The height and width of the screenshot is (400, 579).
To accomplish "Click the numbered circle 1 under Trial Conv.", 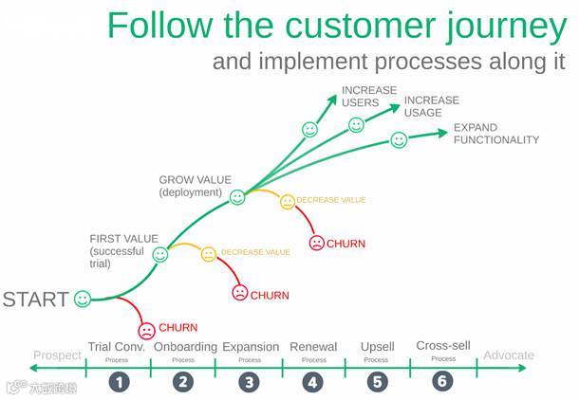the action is [119, 382].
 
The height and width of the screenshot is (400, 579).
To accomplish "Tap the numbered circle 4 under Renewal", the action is [312, 382].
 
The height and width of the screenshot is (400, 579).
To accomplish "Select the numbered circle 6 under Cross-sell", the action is [442, 382].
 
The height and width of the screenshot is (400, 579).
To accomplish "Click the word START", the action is [35, 300].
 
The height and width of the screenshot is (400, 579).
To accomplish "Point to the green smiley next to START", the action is [83, 300].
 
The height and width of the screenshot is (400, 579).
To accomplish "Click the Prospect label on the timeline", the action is [57, 355].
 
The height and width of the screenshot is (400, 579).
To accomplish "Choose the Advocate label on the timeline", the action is [509, 355].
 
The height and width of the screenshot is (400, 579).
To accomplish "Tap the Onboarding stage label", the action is [185, 347].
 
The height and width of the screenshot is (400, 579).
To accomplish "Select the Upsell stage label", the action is [377, 347].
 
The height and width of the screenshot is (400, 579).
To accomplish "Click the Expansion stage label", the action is [251, 347].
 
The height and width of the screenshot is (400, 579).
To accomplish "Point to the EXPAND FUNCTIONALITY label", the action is [495, 134].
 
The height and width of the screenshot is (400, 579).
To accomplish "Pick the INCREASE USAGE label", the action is [431, 106].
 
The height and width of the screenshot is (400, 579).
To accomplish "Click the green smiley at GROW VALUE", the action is [237, 197].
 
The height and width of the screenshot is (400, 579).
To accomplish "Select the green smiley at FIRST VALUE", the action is [160, 254].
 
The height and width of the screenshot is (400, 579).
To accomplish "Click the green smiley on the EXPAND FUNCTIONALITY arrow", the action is [399, 140].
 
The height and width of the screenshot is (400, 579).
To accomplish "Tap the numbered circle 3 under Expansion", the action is [249, 382].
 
